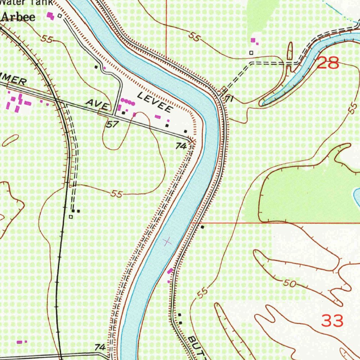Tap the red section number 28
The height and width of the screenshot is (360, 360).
point(328,63)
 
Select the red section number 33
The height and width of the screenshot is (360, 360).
point(332,321)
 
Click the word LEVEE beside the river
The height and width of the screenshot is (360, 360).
point(154,102)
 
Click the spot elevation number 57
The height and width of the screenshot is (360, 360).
point(112,124)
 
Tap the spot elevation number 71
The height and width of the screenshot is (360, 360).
point(229,99)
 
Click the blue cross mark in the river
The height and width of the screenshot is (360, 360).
point(168,241)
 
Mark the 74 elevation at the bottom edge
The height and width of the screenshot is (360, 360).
point(100,347)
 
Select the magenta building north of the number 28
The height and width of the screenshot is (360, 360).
point(253,41)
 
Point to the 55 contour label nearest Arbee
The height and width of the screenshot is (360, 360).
point(46,39)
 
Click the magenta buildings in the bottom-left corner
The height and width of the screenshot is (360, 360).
point(22,341)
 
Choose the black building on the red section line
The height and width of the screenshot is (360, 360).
point(202,227)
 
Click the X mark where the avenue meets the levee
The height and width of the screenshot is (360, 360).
point(192,141)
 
